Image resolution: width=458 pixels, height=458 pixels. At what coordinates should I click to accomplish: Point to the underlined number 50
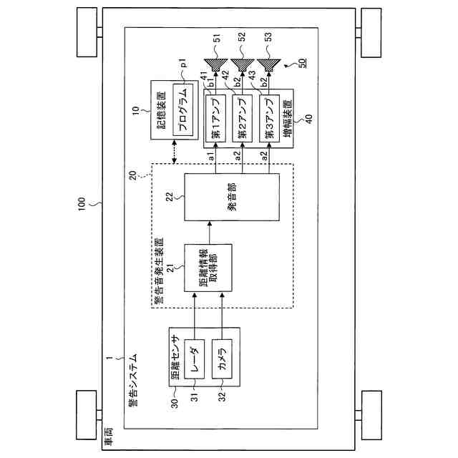tap(303, 64)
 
